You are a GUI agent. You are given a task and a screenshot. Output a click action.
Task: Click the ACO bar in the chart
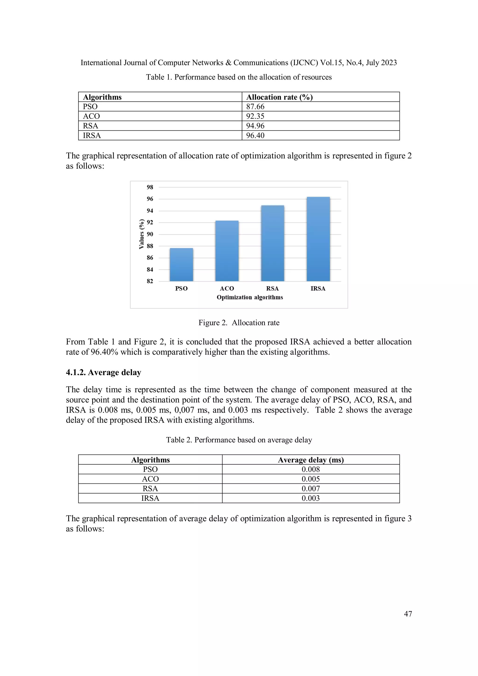pos(227,251)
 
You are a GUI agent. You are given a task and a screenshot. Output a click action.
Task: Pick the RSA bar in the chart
pos(272,243)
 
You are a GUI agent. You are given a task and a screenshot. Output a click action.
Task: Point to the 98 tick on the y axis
pos(150,187)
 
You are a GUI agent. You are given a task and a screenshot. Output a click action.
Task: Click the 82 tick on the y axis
pos(150,281)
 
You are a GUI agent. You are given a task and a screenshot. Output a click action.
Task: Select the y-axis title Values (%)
pos(142,234)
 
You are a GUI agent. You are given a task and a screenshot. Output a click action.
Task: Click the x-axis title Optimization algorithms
pos(250,297)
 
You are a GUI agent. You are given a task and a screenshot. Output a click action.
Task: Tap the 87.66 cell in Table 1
pos(255,107)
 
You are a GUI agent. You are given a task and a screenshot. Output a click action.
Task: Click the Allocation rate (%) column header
pos(279,97)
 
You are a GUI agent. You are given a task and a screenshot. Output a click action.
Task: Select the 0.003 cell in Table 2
pos(310,498)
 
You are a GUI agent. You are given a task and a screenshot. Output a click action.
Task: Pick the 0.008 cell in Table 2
pos(310,469)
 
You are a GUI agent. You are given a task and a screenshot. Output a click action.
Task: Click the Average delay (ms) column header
pos(311,460)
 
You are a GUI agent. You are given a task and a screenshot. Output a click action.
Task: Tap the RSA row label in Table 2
pos(150,489)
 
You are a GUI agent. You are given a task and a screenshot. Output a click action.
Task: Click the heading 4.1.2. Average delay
pos(103,372)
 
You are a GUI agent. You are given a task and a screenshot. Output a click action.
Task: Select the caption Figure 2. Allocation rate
pos(239,323)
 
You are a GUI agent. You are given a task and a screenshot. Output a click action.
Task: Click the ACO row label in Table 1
pos(91,116)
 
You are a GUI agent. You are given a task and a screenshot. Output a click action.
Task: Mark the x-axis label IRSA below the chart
pos(318,289)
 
